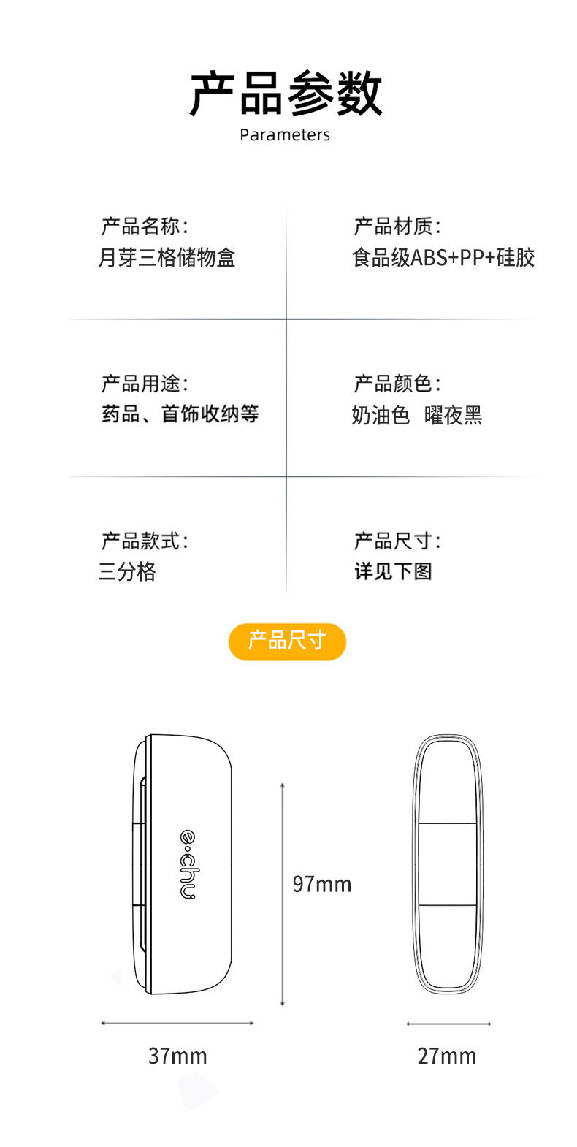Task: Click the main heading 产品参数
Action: (286, 94)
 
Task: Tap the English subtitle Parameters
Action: (285, 135)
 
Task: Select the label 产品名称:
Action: (145, 226)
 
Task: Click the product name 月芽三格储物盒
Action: (167, 258)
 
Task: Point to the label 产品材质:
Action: (397, 226)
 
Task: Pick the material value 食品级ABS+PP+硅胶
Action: (443, 258)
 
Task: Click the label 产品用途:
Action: (145, 384)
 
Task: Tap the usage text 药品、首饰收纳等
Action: (180, 414)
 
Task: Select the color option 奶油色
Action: (381, 416)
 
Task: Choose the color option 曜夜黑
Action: (454, 416)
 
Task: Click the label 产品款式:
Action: (145, 541)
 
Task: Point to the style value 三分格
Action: (127, 571)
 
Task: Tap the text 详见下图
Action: (393, 571)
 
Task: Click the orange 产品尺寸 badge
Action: (287, 641)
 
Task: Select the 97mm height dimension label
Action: (322, 885)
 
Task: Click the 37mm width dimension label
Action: (177, 1056)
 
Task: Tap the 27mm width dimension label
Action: (447, 1056)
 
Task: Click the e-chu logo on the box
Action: (188, 864)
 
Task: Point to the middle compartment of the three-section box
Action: (448, 864)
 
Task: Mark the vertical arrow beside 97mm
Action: (283, 894)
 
